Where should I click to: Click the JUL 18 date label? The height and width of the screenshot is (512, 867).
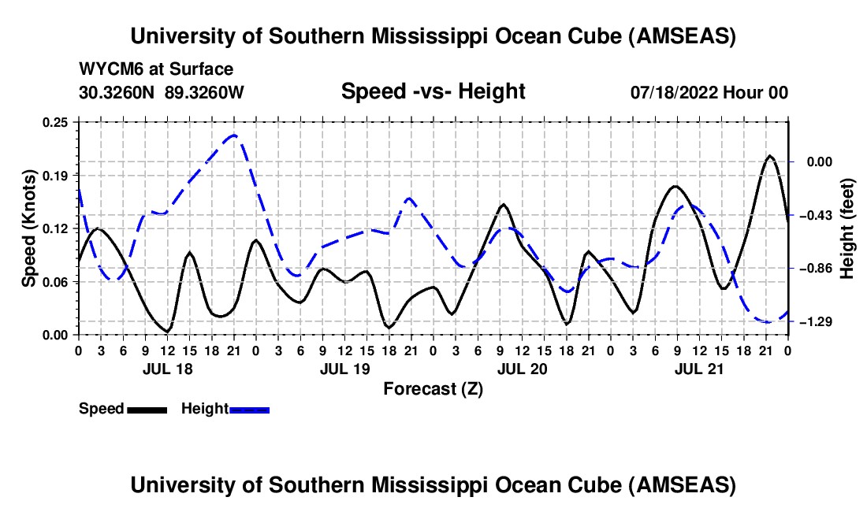click(x=166, y=369)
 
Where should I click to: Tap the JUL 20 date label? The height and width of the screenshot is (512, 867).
click(x=521, y=369)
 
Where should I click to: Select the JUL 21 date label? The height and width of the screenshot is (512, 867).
click(x=698, y=369)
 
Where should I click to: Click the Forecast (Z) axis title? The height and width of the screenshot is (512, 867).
click(x=433, y=388)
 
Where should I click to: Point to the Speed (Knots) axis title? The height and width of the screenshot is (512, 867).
click(x=29, y=228)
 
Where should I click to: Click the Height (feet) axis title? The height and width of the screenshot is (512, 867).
click(x=847, y=228)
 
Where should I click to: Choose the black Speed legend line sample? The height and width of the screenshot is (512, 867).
click(x=147, y=410)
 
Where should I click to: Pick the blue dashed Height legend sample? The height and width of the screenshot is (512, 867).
click(x=249, y=410)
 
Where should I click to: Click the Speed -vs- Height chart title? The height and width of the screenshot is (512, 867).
click(x=433, y=91)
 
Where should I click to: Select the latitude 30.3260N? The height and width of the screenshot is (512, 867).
click(x=118, y=93)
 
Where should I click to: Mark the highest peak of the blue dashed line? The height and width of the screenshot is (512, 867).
click(x=233, y=135)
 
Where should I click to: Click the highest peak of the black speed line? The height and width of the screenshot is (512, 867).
click(x=770, y=156)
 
